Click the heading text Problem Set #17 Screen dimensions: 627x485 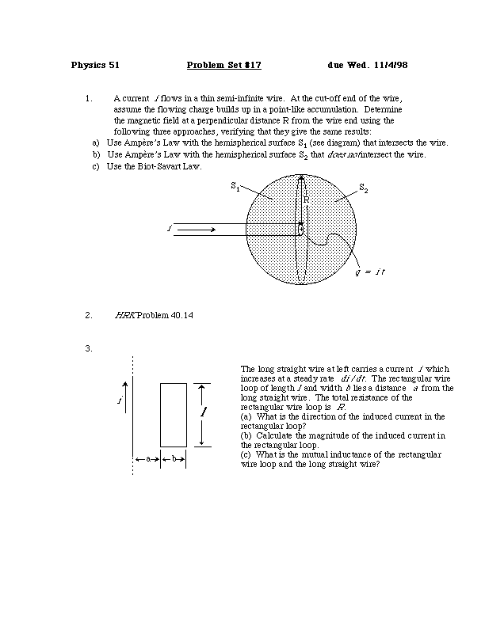coord(223,65)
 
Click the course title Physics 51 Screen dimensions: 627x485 coord(95,65)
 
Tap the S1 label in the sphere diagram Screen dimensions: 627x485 coord(235,186)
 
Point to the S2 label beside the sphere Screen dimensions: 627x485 coord(363,188)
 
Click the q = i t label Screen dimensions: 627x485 coord(369,272)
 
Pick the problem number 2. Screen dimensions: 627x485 coord(88,315)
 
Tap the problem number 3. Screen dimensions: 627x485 coord(88,348)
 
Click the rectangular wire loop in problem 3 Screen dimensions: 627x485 coord(174,415)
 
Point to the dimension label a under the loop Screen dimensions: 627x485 coord(147,458)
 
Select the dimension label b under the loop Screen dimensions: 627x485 coord(174,458)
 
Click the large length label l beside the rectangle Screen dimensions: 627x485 coord(204,413)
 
